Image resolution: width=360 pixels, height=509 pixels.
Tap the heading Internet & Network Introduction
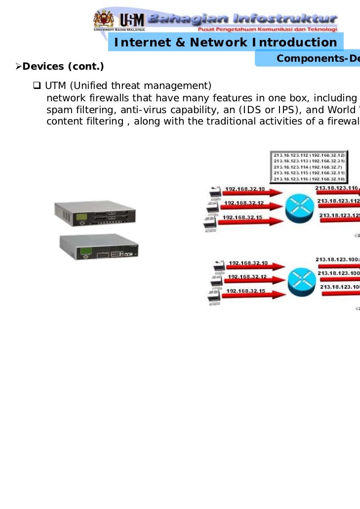pos(225,43)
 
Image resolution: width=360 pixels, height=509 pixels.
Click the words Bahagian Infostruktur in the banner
pos(242,19)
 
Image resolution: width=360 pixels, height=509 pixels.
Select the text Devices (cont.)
pos(63,66)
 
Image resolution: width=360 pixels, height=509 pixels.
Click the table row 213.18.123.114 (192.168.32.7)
pos(309,167)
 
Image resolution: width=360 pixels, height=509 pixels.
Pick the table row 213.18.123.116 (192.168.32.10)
pos(309,179)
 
